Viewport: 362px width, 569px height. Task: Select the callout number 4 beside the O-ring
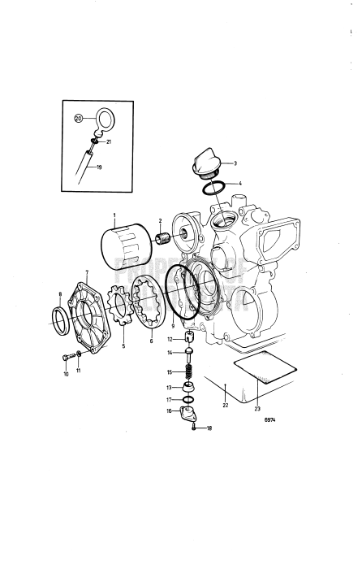click(238, 184)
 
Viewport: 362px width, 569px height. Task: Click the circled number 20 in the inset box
click(79, 118)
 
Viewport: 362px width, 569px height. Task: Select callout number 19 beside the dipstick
click(99, 167)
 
